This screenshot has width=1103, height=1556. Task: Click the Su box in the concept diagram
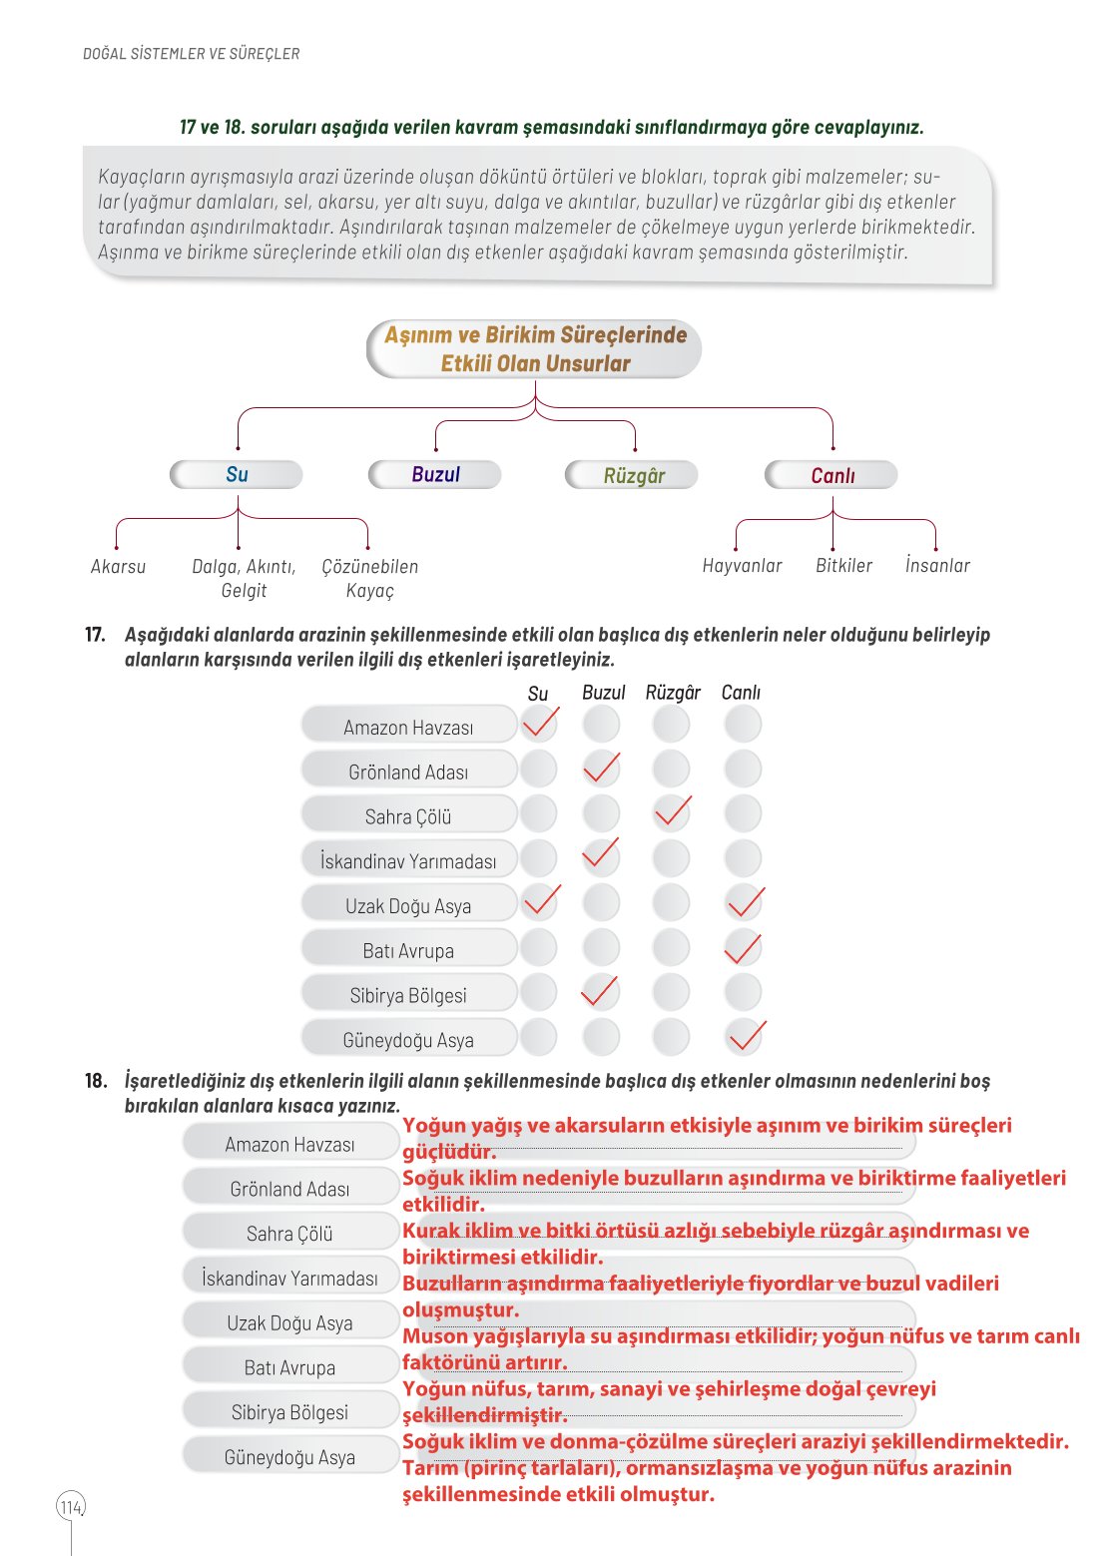tap(237, 474)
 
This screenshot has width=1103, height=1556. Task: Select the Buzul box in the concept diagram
tap(435, 474)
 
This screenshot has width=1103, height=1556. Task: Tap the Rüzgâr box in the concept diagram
tap(633, 475)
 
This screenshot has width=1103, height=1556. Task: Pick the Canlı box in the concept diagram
tap(831, 475)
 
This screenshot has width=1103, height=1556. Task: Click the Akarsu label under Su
tap(118, 566)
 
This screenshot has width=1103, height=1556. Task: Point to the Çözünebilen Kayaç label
tap(369, 578)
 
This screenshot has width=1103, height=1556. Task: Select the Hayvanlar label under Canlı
tap(742, 565)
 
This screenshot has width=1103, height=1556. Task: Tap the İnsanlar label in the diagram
tap(936, 565)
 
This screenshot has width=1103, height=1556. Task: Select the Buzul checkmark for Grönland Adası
tap(601, 769)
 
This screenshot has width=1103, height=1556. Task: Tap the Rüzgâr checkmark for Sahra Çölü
tap(672, 812)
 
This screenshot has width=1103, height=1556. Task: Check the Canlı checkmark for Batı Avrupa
tap(743, 948)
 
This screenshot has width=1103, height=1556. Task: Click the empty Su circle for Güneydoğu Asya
tap(539, 1037)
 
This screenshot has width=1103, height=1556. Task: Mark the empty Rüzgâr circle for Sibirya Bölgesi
tap(672, 992)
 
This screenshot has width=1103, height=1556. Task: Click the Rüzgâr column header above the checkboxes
tap(673, 692)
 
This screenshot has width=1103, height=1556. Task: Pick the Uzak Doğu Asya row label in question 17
tap(408, 905)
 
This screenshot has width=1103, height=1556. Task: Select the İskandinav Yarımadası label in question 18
tap(289, 1278)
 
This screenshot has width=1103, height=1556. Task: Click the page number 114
tap(71, 1507)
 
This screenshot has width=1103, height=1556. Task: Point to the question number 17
tap(95, 634)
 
